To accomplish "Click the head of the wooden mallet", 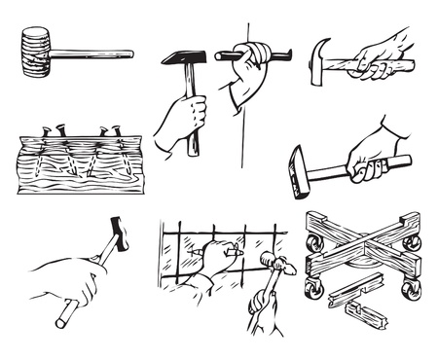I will tap(35, 53).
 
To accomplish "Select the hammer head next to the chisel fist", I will tap(181, 57).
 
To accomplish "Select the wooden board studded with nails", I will tap(78, 165).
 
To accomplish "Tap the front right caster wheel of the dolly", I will tap(412, 289).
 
